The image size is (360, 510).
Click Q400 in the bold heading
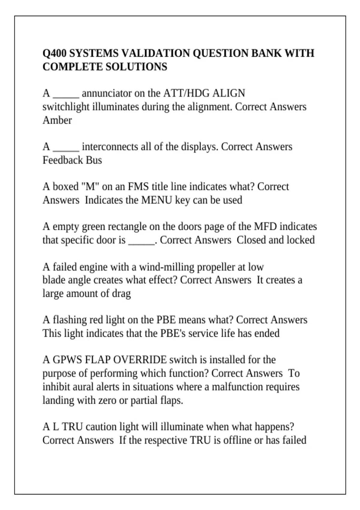(x=55, y=53)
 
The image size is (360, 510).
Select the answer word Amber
(x=57, y=120)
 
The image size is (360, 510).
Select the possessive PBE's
(x=173, y=333)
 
